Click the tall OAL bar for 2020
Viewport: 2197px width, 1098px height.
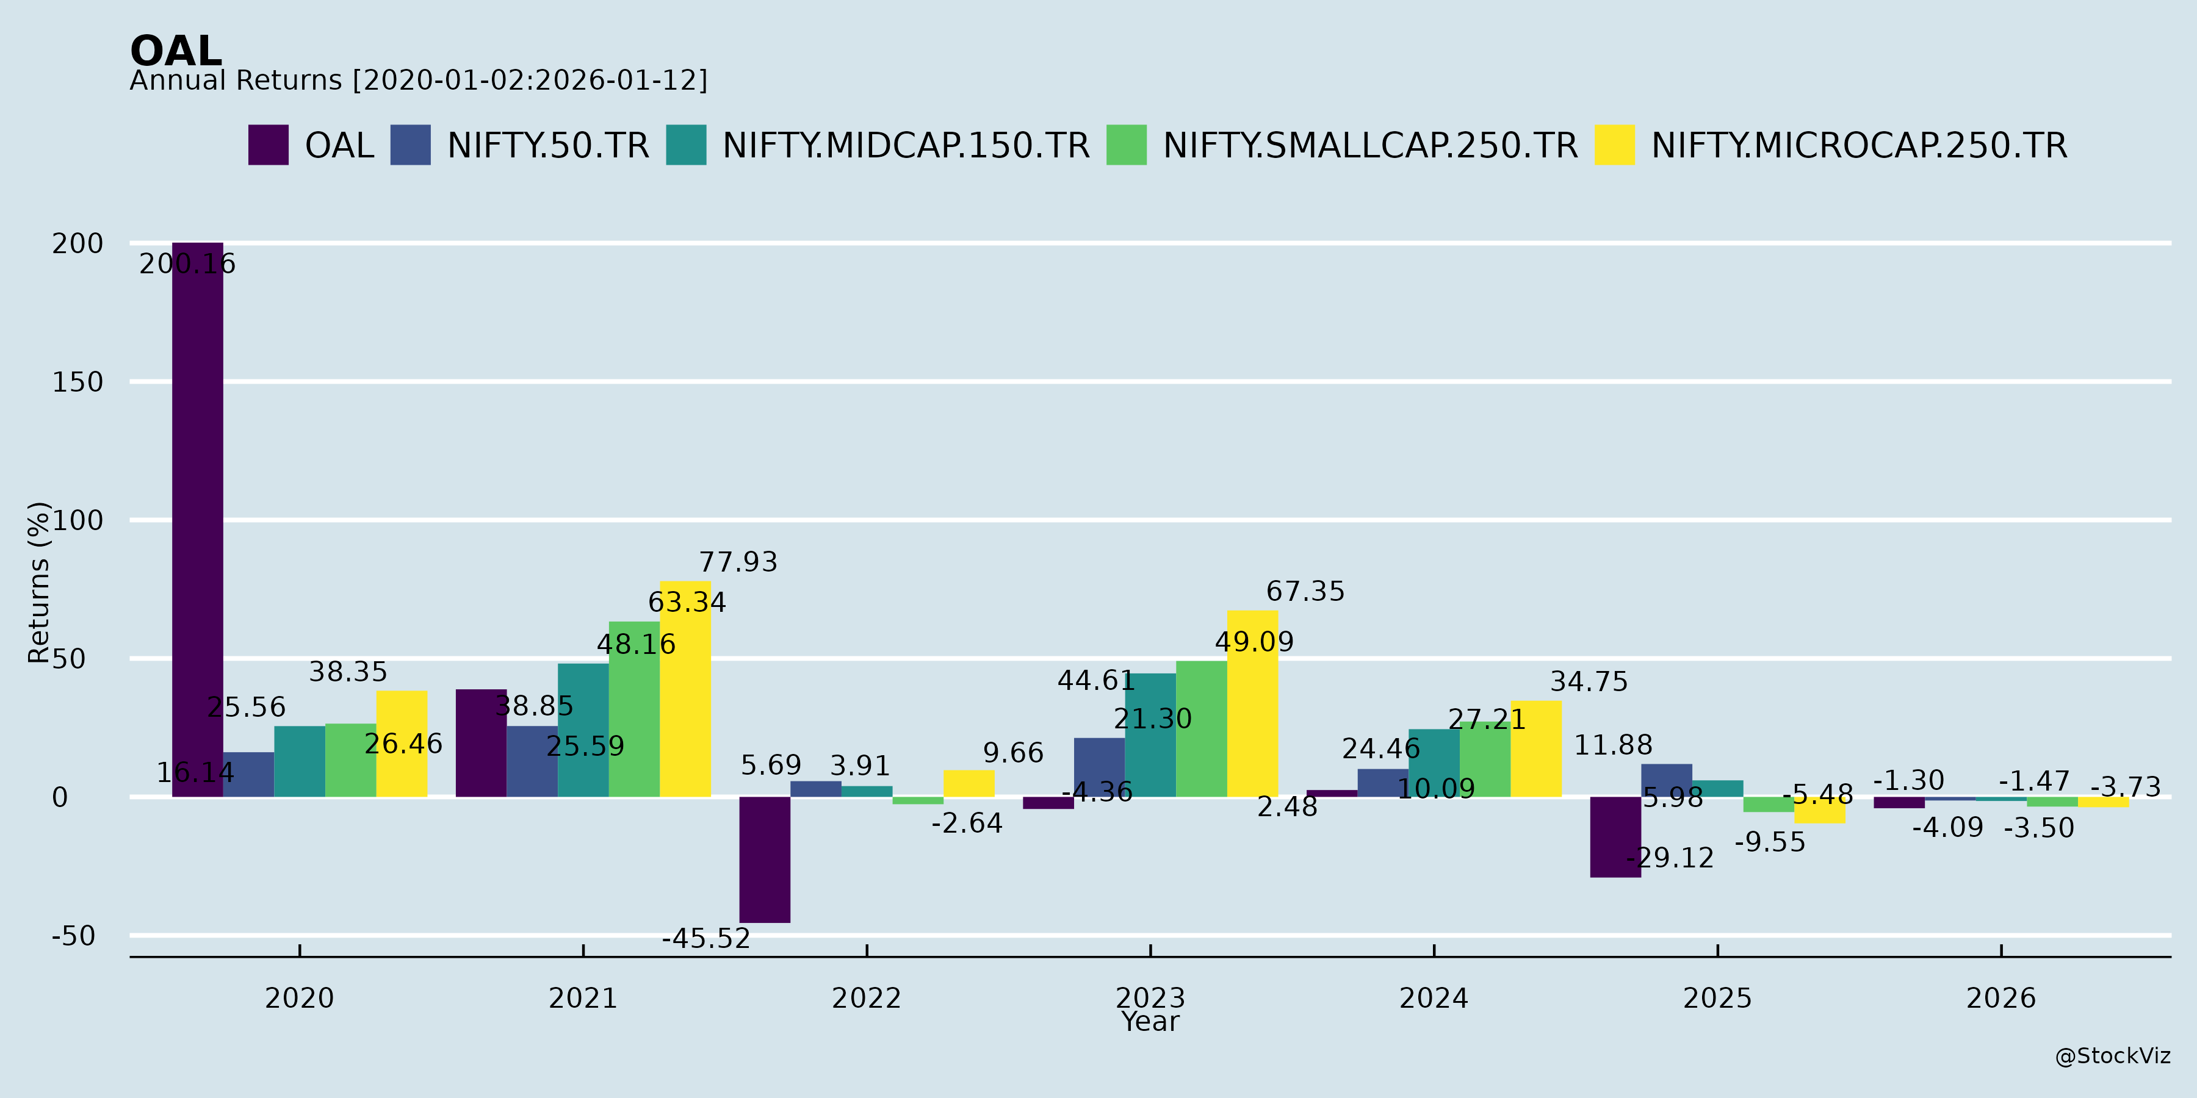tap(197, 520)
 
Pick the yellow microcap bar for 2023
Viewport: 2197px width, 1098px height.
tap(1252, 703)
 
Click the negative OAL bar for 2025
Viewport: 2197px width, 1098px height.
tap(1615, 837)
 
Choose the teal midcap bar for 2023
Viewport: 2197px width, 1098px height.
tap(1150, 735)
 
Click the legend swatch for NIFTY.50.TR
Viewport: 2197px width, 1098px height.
tap(410, 145)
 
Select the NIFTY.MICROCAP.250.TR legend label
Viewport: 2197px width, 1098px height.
tap(1860, 146)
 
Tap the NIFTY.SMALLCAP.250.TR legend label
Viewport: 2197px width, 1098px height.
tap(1371, 146)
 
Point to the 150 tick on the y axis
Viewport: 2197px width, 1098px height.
tap(78, 382)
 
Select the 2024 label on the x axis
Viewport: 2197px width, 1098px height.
tap(1434, 997)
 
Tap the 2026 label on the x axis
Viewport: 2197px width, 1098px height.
tap(2001, 997)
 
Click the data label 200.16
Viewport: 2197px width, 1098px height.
tap(187, 264)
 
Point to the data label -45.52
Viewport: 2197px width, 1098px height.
tap(706, 939)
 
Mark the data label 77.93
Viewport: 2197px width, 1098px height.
tap(738, 562)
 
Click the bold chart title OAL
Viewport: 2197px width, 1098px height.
tap(176, 51)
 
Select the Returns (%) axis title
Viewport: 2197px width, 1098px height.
tap(38, 583)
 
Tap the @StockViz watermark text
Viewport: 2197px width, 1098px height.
tap(2113, 1057)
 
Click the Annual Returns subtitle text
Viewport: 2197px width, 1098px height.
tap(418, 80)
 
